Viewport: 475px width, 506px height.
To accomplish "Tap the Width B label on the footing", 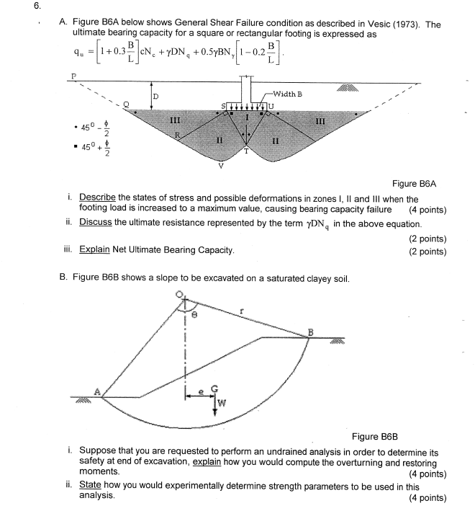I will point(288,94).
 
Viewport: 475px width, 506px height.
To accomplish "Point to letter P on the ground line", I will point(71,74).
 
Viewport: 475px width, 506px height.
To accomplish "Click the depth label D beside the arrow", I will point(155,96).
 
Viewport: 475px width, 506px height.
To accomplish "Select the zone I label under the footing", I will point(248,116).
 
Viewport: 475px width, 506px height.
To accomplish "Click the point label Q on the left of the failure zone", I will point(127,105).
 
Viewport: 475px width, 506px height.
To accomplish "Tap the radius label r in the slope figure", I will point(243,311).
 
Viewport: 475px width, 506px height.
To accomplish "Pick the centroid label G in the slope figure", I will point(214,386).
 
